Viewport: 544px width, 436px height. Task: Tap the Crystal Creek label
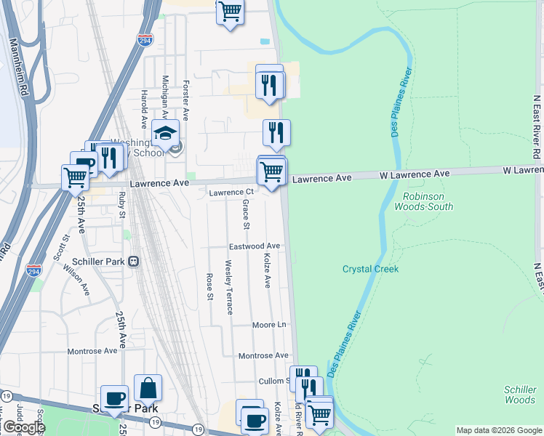point(371,269)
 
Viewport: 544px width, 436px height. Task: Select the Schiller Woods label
point(520,395)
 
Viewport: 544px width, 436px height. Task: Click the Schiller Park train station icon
point(133,262)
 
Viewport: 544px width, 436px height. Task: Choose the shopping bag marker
point(148,388)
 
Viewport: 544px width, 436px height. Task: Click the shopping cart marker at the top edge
point(230,12)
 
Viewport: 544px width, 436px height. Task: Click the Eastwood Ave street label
point(255,246)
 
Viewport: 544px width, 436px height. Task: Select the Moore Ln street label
point(270,325)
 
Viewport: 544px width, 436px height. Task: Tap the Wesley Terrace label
point(229,287)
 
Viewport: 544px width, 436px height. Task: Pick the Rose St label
point(210,286)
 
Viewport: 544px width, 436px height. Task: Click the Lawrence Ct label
point(231,193)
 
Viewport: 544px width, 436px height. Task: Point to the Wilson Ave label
point(76,279)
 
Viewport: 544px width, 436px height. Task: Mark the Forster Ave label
point(186,100)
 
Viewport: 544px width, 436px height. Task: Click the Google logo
point(23,427)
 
